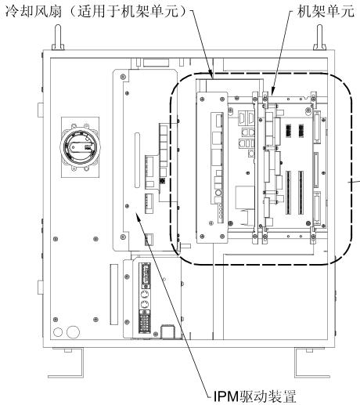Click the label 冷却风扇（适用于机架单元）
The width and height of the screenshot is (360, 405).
click(96, 12)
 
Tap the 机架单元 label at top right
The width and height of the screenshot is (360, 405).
click(326, 12)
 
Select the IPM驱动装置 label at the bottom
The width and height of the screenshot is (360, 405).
click(255, 396)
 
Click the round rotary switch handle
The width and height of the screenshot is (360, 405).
click(80, 147)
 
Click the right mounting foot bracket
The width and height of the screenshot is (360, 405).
click(310, 363)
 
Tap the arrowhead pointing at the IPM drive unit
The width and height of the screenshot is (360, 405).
click(139, 216)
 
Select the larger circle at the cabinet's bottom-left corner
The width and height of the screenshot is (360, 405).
click(73, 331)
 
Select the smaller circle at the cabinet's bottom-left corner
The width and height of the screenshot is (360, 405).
click(58, 331)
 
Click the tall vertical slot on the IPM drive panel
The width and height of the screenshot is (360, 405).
click(137, 160)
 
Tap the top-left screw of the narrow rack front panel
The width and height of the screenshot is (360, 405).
click(202, 99)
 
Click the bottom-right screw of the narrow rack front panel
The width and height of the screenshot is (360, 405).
click(222, 237)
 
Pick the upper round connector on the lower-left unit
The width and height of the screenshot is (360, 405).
click(144, 295)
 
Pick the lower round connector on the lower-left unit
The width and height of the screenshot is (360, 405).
click(144, 305)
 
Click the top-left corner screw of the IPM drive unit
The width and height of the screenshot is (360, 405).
click(123, 77)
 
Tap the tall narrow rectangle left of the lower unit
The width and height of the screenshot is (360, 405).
click(114, 295)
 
